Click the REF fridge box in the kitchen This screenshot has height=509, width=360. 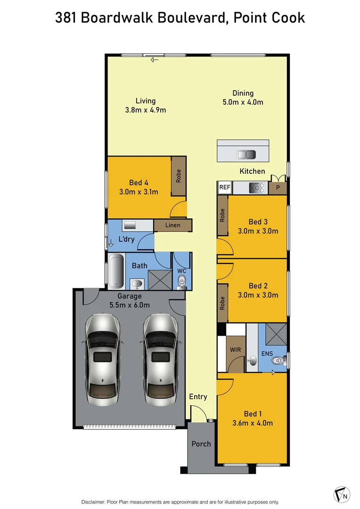point(225,188)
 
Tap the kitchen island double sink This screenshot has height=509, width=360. point(246,154)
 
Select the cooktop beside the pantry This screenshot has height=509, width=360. point(257,187)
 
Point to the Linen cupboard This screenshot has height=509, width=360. point(172,225)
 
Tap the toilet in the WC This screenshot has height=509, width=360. point(182,282)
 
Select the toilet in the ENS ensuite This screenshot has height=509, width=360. point(278,361)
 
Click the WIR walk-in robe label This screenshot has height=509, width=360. point(236,351)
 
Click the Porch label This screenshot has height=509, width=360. point(201,443)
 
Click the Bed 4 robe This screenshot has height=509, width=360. point(179,176)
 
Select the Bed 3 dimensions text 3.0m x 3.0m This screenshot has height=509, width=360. point(257,231)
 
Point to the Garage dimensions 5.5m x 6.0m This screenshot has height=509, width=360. point(130,305)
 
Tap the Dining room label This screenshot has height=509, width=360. point(243,93)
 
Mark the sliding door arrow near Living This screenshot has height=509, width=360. point(154,59)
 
